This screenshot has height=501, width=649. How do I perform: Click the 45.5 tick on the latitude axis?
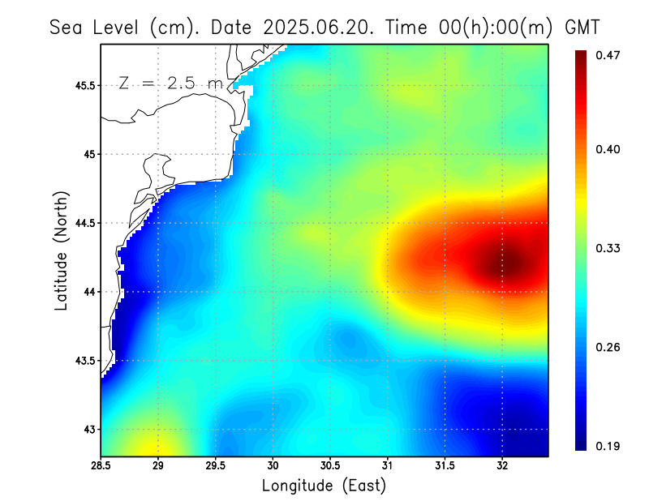coord(84,85)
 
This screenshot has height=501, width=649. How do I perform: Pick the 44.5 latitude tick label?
coord(84,223)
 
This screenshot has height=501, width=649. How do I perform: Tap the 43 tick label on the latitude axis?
coord(88,429)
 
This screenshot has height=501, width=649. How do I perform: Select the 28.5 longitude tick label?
coord(101,465)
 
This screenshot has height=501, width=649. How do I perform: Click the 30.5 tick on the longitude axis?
coord(330,465)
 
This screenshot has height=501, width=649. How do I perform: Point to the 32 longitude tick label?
coord(502,465)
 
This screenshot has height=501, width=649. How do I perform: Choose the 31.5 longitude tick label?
coord(445,465)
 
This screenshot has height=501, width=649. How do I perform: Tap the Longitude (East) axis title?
coord(324,486)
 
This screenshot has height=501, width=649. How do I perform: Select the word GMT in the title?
coord(582,27)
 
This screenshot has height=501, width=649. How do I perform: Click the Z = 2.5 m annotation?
coord(170,83)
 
